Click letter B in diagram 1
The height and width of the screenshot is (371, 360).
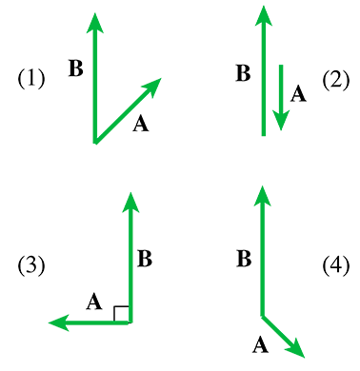(x=76, y=68)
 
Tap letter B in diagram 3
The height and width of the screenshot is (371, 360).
(x=145, y=257)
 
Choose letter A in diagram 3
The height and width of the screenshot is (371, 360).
(x=93, y=303)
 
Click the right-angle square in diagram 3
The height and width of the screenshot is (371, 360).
(x=122, y=314)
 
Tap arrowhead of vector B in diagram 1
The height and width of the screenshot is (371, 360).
(x=93, y=21)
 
